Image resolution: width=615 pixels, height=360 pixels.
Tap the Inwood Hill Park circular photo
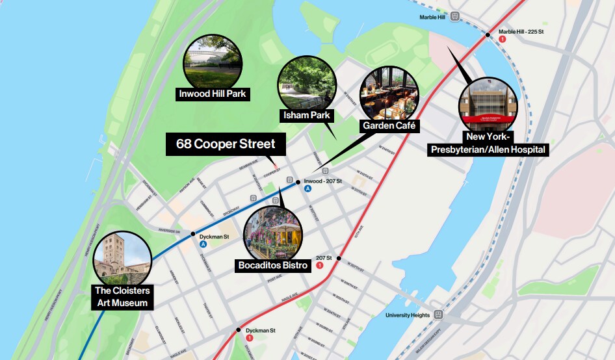[214, 61]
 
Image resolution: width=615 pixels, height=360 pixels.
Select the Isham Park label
[307, 116]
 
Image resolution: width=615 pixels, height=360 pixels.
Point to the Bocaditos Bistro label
[272, 265]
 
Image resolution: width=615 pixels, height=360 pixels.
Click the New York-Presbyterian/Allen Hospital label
[489, 144]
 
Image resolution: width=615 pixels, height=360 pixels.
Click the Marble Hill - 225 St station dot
[487, 34]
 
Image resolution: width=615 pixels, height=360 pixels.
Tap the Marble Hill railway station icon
[456, 16]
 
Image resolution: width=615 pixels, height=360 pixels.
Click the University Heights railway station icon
[439, 315]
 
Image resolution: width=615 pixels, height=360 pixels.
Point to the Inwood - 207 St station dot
[298, 182]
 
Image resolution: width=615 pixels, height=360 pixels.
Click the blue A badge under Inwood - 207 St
[308, 188]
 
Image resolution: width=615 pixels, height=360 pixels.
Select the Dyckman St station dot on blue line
[193, 234]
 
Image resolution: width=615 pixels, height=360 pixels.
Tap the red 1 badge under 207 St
[319, 265]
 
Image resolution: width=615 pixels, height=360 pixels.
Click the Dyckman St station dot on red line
[239, 330]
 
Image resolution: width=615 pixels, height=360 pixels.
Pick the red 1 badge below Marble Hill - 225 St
[502, 39]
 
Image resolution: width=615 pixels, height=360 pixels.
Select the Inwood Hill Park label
[215, 94]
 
